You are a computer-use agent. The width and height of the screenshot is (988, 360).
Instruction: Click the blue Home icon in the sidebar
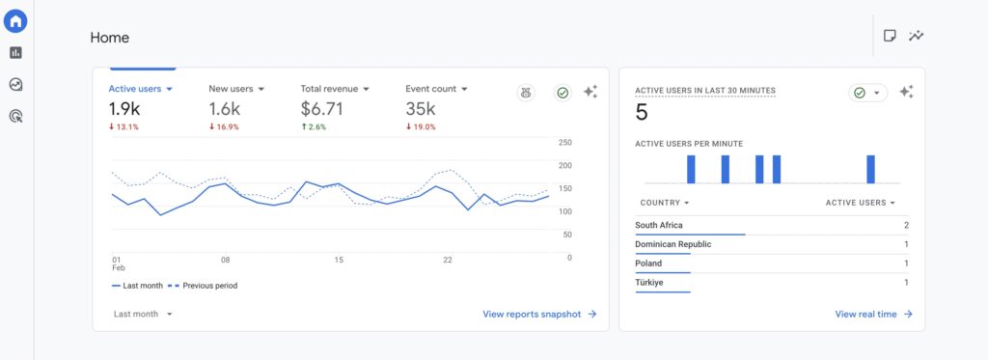pos(16,21)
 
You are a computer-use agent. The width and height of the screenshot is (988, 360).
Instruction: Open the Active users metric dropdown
pos(140,89)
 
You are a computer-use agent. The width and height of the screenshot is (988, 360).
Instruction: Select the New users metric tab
pos(235,89)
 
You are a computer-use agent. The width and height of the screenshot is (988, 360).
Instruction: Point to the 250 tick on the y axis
pos(565,143)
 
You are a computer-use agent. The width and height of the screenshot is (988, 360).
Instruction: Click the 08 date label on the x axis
pos(225,260)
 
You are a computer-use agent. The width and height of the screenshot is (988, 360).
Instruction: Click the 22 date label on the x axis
pos(448,260)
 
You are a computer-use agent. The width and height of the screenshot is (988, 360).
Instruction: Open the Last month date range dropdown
pos(142,314)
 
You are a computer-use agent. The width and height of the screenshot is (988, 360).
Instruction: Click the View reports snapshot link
pos(539,314)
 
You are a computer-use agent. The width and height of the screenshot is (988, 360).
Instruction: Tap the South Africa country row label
pos(659,225)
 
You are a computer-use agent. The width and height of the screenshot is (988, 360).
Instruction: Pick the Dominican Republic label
pos(672,244)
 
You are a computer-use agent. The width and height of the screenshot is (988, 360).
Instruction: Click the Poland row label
pos(648,263)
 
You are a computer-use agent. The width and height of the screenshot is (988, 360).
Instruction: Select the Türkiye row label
pos(650,283)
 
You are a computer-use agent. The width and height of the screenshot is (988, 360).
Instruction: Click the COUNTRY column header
pos(664,203)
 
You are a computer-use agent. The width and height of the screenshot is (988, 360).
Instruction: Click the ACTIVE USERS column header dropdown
pos(860,203)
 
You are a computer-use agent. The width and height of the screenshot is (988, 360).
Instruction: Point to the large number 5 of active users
pos(642,113)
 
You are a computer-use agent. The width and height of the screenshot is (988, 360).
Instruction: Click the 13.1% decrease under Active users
pos(123,126)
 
